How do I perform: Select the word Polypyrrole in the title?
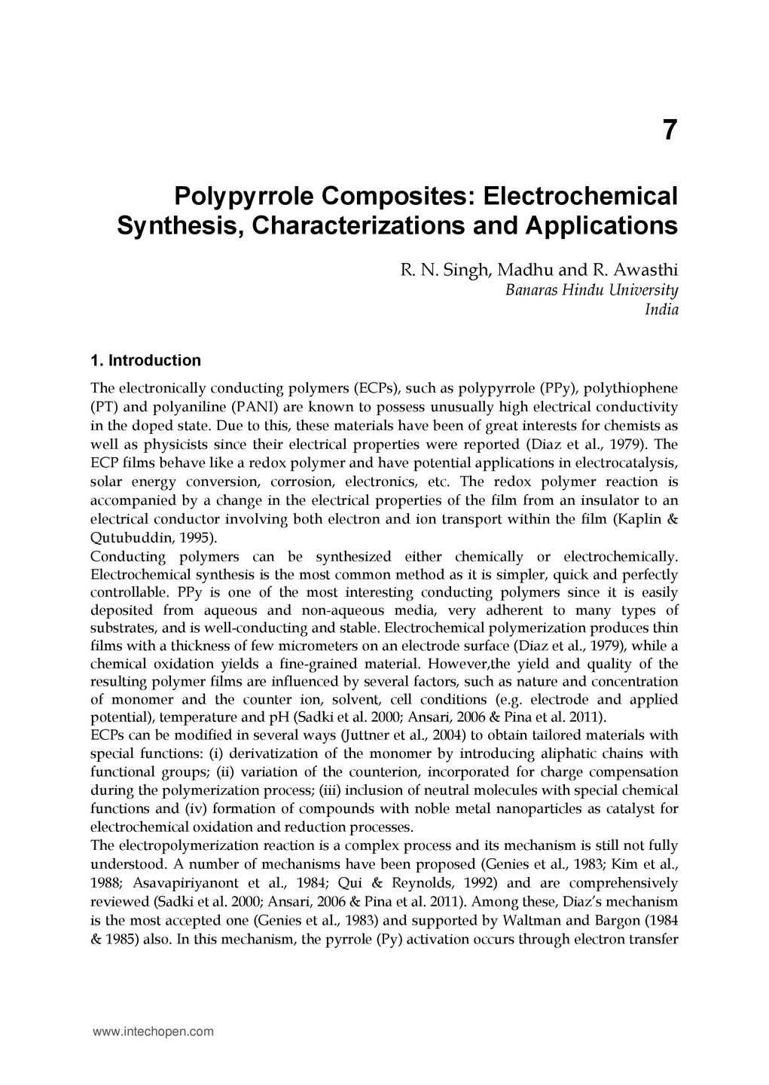[x=245, y=196]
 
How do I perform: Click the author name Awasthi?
[x=647, y=270]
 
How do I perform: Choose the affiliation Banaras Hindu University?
[x=592, y=290]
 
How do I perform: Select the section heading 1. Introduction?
[x=145, y=360]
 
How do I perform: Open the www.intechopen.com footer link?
[x=153, y=1032]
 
